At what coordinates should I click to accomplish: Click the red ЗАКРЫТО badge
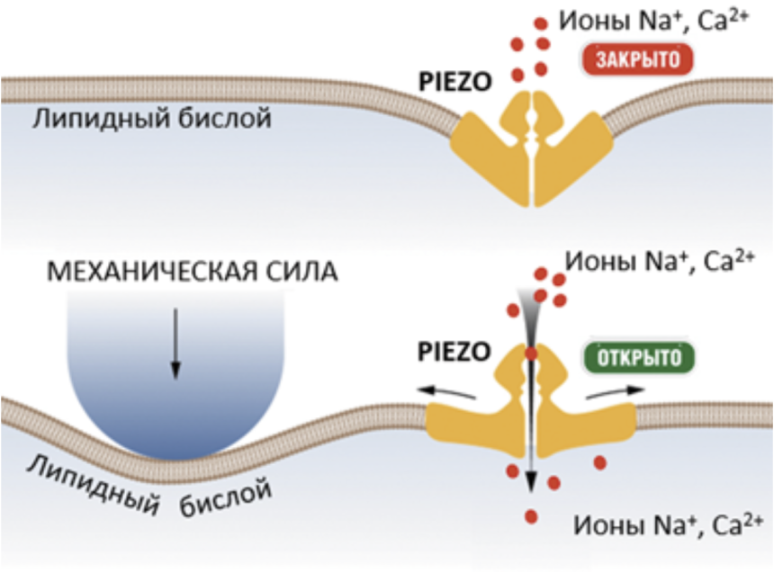[x=639, y=60]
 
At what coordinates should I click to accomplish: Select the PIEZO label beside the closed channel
[x=455, y=82]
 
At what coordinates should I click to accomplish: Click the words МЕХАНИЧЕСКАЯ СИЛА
[x=193, y=271]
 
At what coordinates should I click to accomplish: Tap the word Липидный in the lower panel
[x=87, y=485]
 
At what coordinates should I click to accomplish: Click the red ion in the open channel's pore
[x=531, y=354]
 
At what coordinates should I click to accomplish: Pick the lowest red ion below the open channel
[x=531, y=515]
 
